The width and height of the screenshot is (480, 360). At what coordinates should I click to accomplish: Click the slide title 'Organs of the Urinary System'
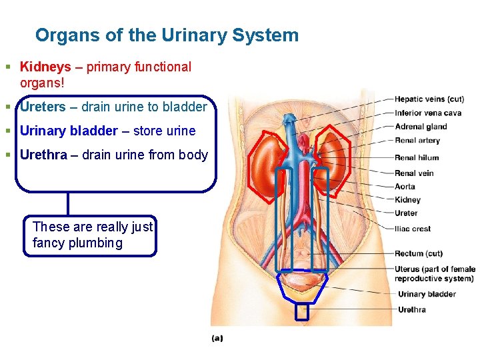click(167, 35)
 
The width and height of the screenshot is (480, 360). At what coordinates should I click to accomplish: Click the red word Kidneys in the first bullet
click(45, 67)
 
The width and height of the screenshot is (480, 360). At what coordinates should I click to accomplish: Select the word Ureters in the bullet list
click(43, 107)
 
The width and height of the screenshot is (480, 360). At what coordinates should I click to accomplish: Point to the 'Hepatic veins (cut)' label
click(429, 99)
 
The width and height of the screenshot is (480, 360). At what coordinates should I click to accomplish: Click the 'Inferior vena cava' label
click(427, 113)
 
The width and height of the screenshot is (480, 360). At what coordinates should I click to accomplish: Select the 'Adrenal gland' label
click(420, 127)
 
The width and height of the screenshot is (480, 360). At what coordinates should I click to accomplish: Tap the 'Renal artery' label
click(417, 141)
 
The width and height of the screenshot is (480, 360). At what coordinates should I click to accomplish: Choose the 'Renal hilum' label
click(416, 158)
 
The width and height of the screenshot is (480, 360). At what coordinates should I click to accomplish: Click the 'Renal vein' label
click(413, 173)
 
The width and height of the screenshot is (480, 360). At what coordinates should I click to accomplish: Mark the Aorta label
click(404, 187)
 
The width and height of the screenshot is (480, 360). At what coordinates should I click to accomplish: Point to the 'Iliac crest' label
click(412, 229)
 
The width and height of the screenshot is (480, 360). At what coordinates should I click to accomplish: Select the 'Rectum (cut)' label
click(418, 253)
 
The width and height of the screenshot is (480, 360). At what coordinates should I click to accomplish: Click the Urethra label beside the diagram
click(411, 309)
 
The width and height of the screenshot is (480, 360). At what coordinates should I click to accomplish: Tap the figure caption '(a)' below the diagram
click(217, 338)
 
